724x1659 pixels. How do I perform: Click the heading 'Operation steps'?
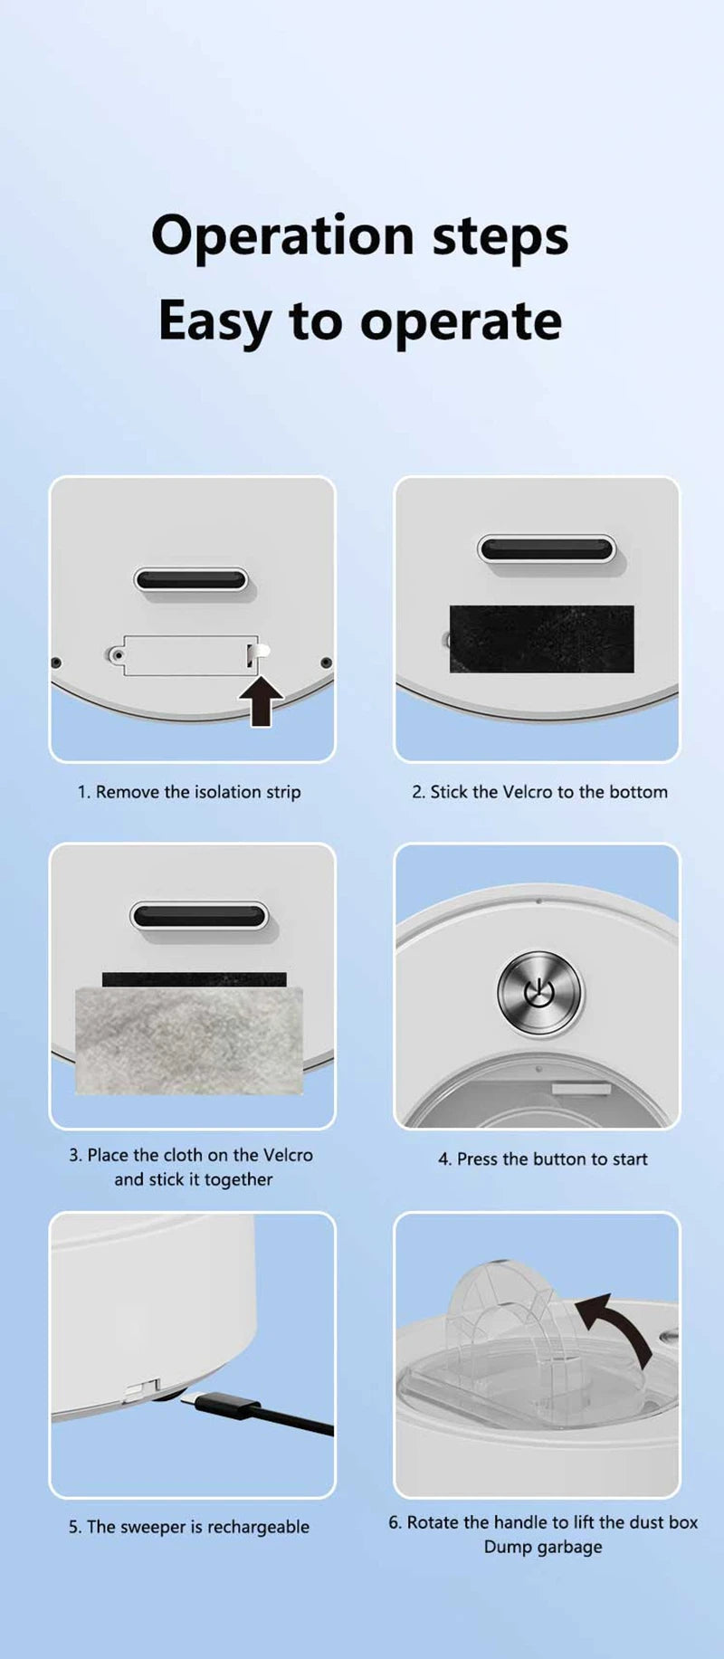tap(360, 237)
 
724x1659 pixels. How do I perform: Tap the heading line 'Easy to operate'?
tap(360, 321)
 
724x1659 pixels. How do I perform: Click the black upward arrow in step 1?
tap(262, 702)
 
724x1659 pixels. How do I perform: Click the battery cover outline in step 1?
tap(186, 655)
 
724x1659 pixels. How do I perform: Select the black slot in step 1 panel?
tap(191, 579)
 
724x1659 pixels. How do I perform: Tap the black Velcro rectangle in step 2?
tap(542, 639)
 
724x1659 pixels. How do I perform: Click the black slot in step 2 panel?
tap(547, 549)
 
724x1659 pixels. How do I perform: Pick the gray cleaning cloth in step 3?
tap(189, 1041)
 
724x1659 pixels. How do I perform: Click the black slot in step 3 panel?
tap(199, 916)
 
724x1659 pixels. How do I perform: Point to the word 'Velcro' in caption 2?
tap(527, 792)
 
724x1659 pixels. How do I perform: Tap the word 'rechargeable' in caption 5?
tap(258, 1527)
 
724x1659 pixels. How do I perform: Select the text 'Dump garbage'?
tap(543, 1547)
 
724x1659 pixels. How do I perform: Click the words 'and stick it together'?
tap(194, 1179)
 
